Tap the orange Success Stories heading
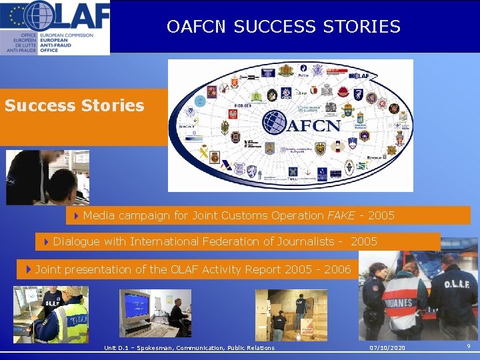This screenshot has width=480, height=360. (x=74, y=105)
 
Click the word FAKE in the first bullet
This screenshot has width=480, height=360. (x=341, y=215)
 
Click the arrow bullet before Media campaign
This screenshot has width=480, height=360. (x=77, y=215)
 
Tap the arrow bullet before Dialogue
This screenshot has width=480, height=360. (x=46, y=241)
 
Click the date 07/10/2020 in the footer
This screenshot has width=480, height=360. (x=388, y=348)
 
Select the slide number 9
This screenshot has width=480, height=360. (x=469, y=346)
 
